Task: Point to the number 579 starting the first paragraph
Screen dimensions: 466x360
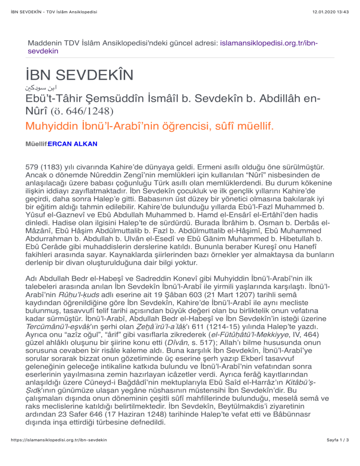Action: [33, 166]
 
